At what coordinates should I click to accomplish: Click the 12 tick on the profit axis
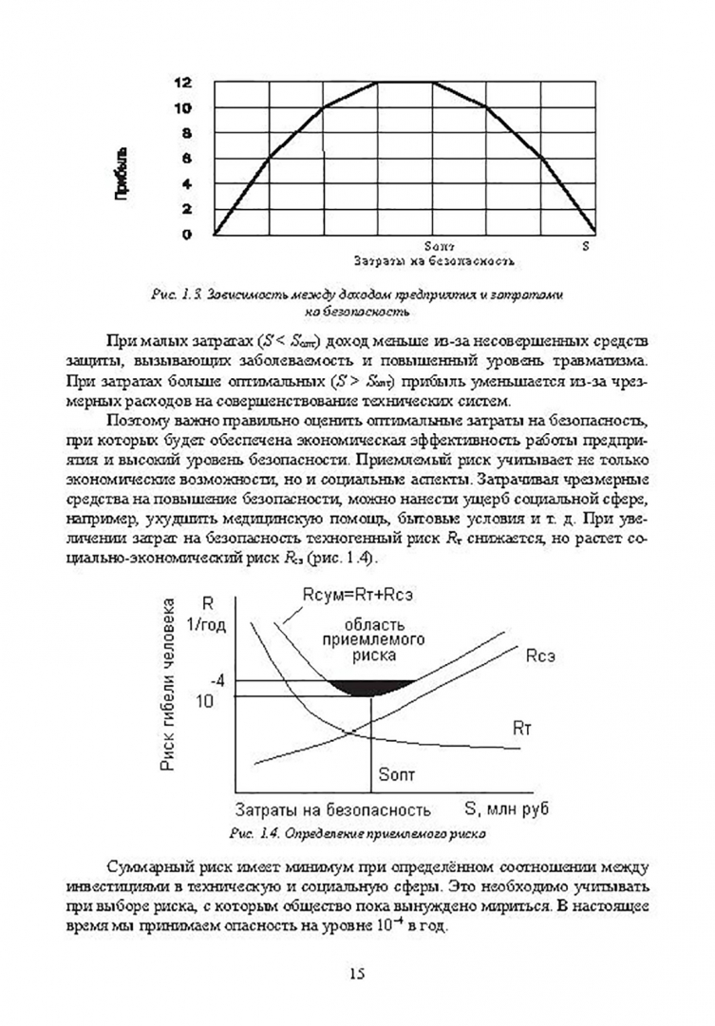click(181, 83)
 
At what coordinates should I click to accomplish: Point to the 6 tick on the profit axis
click(185, 159)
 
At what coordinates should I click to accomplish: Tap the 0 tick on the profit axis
click(186, 234)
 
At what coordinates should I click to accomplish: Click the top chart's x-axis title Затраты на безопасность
click(433, 259)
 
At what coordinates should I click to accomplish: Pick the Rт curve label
click(522, 729)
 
